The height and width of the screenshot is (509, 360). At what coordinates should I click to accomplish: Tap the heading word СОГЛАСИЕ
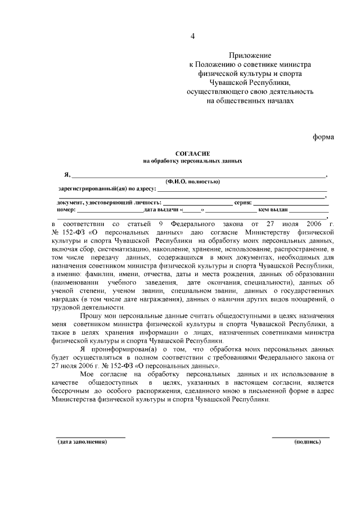click(x=192, y=153)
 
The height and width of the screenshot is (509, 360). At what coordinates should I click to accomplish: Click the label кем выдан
click(x=273, y=210)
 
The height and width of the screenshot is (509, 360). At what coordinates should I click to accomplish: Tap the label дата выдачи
click(x=161, y=210)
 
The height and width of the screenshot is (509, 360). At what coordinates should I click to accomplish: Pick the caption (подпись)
click(x=308, y=443)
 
